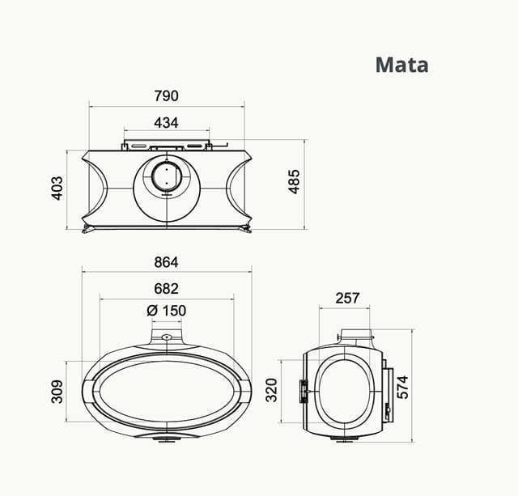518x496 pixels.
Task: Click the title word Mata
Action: (x=401, y=64)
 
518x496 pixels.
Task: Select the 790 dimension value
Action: (x=166, y=95)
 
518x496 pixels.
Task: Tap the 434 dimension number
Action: (x=166, y=123)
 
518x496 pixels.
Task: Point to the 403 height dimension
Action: (x=57, y=189)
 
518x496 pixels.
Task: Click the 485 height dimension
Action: (x=294, y=181)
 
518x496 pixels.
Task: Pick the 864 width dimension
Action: (x=165, y=262)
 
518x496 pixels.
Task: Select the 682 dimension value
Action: (x=166, y=288)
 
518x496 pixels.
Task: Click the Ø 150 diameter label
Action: (x=166, y=311)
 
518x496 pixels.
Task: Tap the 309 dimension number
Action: (x=57, y=392)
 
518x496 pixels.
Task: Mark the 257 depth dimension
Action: (x=347, y=298)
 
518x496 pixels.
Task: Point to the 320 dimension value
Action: (x=272, y=391)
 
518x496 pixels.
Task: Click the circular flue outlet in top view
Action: (x=166, y=177)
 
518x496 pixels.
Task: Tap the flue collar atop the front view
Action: (x=166, y=334)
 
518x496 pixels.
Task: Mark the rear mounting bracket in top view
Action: (x=167, y=146)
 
